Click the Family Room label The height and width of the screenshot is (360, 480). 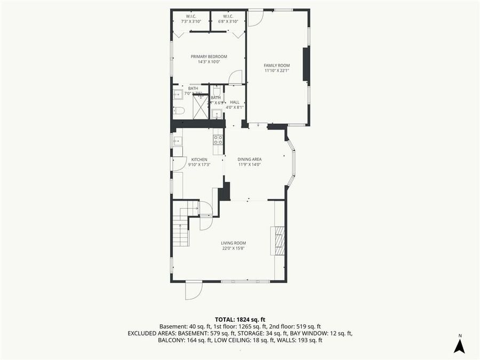277,65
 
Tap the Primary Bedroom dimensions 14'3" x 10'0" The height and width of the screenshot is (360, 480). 209,62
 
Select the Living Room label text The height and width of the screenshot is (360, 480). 234,243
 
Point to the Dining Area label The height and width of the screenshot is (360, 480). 249,159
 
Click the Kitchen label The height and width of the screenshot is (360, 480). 199,159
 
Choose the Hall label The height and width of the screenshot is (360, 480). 235,102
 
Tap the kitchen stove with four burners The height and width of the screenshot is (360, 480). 218,140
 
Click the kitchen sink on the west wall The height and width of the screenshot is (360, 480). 177,141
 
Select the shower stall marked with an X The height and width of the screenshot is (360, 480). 200,107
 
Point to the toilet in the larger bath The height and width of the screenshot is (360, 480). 179,110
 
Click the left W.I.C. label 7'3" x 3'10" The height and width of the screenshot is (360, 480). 191,19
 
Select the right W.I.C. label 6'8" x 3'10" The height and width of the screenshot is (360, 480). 228,19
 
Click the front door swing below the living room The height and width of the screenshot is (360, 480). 193,291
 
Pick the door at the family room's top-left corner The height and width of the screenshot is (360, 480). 255,18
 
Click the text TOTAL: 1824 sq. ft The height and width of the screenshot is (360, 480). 240,318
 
